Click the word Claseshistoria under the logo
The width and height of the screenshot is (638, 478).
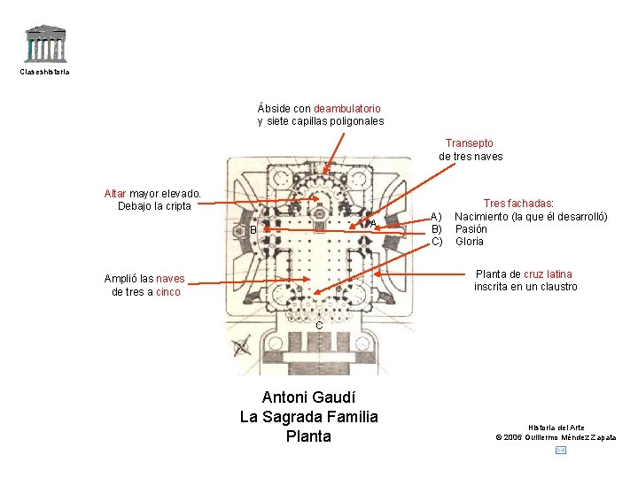[44, 72]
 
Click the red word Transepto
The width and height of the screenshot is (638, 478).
[470, 143]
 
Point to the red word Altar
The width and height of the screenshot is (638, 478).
[115, 193]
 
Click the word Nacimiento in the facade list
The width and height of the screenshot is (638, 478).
[486, 217]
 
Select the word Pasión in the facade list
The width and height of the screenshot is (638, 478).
[471, 229]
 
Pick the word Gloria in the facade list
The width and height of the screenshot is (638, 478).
[470, 242]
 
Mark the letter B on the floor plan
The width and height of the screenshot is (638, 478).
[253, 230]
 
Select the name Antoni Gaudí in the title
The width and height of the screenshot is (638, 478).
[308, 397]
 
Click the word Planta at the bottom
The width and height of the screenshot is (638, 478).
[308, 436]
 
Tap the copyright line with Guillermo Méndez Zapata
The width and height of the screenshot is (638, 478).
[556, 437]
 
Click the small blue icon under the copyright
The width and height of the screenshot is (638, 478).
[560, 451]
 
